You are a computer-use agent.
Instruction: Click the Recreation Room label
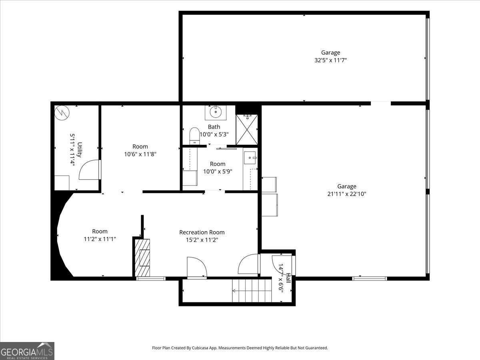pyautogui.click(x=202, y=232)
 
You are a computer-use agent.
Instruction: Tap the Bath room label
pyautogui.click(x=214, y=127)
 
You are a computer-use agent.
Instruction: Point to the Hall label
pyautogui.click(x=289, y=278)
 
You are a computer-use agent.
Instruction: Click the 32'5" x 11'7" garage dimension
pyautogui.click(x=331, y=60)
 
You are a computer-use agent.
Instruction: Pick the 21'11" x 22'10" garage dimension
pyautogui.click(x=347, y=194)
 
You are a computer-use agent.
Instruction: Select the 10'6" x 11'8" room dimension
pyautogui.click(x=140, y=154)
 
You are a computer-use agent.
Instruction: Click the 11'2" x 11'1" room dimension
pyautogui.click(x=100, y=239)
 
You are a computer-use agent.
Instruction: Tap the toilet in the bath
pyautogui.click(x=194, y=136)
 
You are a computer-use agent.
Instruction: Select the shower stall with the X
pyautogui.click(x=247, y=130)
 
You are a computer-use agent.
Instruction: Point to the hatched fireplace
pyautogui.click(x=142, y=258)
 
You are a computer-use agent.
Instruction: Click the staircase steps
pyautogui.click(x=252, y=291)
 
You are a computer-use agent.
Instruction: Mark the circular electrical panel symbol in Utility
pyautogui.click(x=62, y=113)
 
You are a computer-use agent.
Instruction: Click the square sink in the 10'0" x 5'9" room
pyautogui.click(x=250, y=158)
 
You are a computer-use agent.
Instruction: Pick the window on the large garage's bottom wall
pyautogui.click(x=369, y=278)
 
